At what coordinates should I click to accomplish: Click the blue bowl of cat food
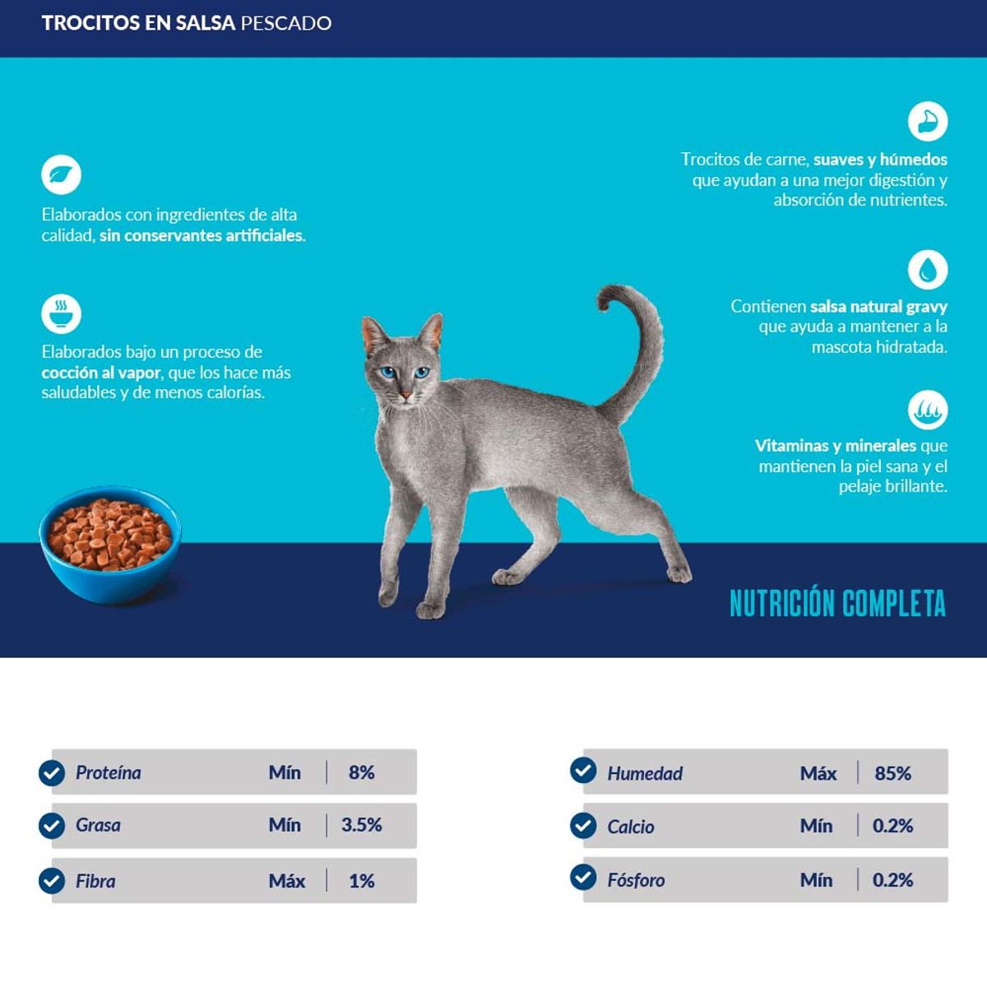point(109,545)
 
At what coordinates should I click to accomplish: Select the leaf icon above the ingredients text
point(62,174)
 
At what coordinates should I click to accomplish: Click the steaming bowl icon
point(62,313)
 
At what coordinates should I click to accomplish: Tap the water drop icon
point(928,269)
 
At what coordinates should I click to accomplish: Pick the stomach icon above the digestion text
point(928,122)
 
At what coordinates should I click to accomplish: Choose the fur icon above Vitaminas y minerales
point(928,410)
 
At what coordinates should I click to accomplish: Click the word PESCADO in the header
point(285,23)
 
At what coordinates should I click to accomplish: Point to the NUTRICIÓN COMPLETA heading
point(837,604)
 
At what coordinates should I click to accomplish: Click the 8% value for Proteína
point(361,772)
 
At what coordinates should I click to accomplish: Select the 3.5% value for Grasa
point(361,825)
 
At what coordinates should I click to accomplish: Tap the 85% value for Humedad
point(892,773)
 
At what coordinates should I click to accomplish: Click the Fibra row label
point(95,881)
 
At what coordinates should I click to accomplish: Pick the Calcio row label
point(631,827)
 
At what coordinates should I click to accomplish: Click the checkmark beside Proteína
point(52,772)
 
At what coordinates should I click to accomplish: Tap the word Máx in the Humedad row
point(818,773)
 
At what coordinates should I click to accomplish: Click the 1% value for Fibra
point(361,881)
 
